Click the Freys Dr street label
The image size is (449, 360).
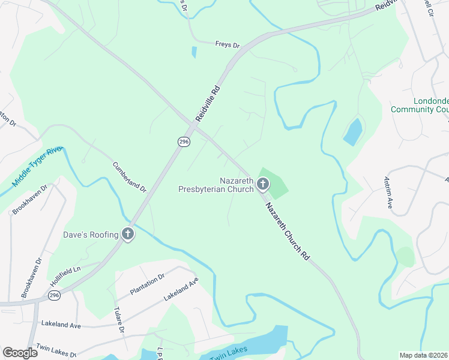click(x=228, y=44)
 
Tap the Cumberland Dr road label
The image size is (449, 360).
click(x=130, y=177)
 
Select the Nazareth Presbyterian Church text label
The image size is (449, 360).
click(x=217, y=185)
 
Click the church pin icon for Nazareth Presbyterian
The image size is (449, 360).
click(x=262, y=185)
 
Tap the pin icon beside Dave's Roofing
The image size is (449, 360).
click(x=127, y=235)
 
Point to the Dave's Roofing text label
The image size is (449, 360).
click(x=91, y=235)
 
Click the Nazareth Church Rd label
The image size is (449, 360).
click(x=288, y=230)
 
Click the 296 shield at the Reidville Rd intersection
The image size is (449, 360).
click(x=184, y=141)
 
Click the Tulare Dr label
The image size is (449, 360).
click(x=118, y=320)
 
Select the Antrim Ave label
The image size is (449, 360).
click(x=388, y=193)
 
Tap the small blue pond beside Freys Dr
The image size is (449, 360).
click(x=194, y=52)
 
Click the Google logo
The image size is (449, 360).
click(x=20, y=353)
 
